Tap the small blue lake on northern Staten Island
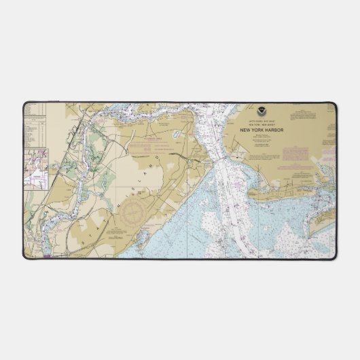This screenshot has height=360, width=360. (176, 134)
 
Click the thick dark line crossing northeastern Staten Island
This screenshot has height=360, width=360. (183, 156)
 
